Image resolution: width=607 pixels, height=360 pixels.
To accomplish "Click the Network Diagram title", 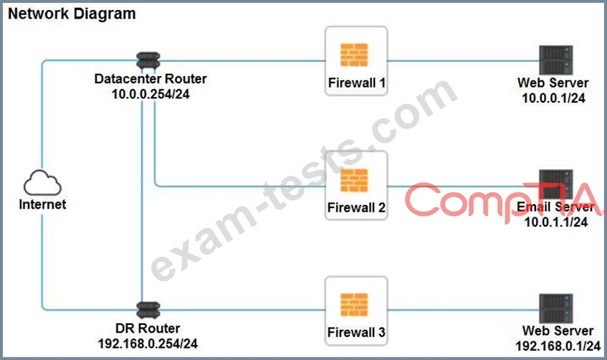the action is (72, 14).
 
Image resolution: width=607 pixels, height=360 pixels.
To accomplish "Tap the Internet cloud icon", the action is (42, 183).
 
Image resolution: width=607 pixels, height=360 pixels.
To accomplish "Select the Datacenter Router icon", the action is (148, 61).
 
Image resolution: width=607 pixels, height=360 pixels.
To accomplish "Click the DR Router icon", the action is (148, 311).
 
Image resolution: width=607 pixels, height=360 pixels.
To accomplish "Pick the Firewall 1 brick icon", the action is (354, 55).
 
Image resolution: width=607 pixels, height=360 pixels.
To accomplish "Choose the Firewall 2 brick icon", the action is (354, 180).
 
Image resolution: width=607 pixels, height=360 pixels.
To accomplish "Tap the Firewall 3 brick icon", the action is (354, 305).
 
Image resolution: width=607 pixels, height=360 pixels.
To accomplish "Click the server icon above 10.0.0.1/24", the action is (556, 60).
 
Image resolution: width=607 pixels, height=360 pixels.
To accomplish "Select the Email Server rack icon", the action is (556, 184).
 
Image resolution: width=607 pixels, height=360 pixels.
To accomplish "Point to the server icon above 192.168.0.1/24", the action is (556, 308).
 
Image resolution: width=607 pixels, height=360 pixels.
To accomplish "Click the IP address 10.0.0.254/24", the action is (150, 94).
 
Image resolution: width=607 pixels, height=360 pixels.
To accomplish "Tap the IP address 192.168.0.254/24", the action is (148, 344).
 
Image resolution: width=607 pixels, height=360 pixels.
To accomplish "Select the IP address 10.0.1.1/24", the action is (556, 222).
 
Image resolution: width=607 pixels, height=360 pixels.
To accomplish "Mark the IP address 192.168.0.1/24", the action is (558, 346).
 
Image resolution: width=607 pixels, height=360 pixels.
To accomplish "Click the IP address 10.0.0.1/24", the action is (553, 98).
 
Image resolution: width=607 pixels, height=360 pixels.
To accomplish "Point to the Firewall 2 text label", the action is (357, 208).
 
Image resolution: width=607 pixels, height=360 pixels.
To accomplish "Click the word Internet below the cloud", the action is (42, 204).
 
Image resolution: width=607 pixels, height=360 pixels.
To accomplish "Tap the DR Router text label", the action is (148, 328).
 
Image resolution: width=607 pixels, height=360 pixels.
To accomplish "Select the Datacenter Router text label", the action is (150, 79).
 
